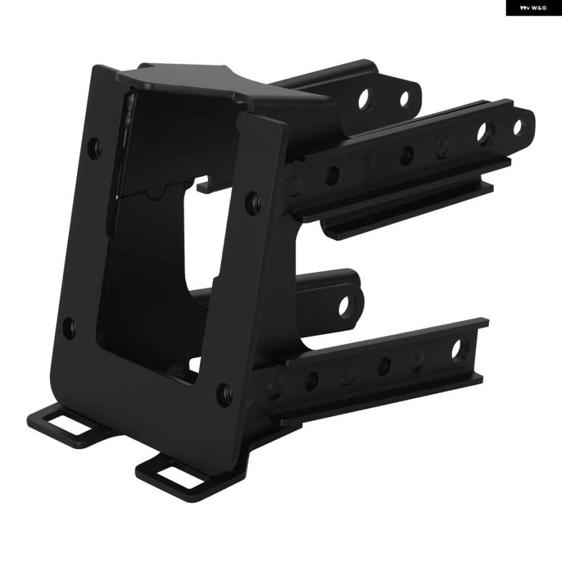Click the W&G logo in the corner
tap(533, 8)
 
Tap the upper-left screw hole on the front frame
tap(95, 148)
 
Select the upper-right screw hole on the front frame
tap(253, 203)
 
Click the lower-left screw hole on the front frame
tap(69, 328)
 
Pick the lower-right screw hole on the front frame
tap(224, 394)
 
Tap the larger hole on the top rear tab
tap(365, 99)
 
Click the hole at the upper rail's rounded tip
tap(518, 127)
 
